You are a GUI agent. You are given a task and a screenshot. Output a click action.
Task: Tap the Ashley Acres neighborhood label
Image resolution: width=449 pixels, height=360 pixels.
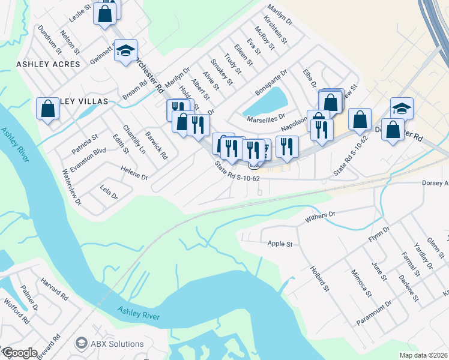coord(48,64)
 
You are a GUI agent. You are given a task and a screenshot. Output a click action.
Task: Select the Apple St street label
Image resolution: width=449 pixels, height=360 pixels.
coord(280,244)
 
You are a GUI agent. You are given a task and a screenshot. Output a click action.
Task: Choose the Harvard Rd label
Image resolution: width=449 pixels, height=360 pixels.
coord(55,289)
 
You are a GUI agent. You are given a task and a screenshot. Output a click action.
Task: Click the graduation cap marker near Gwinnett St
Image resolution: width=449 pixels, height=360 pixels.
coord(126,50)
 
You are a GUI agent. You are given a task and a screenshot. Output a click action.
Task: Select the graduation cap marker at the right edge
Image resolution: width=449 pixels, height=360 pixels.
coord(402,109)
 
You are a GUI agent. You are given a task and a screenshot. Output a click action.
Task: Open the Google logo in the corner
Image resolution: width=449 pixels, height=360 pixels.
coord(20,352)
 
